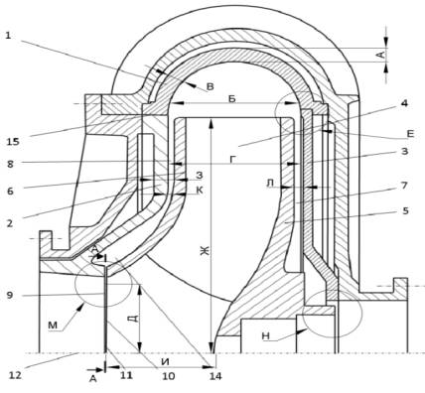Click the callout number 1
click(x=8, y=35)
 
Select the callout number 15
click(x=13, y=142)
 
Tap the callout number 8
click(x=11, y=164)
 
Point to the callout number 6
click(x=11, y=191)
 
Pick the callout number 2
click(x=10, y=223)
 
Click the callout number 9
click(x=10, y=295)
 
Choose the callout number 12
click(x=15, y=375)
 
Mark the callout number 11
click(x=126, y=375)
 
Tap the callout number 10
click(x=169, y=376)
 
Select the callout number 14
click(x=215, y=376)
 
